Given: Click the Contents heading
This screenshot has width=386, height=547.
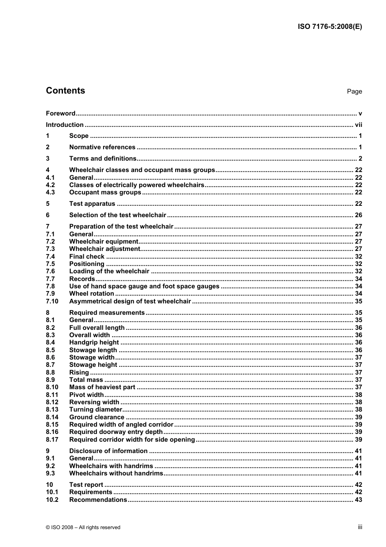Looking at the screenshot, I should tap(65, 91).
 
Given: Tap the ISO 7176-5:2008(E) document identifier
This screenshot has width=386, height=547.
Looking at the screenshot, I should tap(330, 27).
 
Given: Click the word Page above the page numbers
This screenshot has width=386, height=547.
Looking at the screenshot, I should tap(354, 92).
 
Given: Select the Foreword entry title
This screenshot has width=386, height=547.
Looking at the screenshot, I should tap(61, 113).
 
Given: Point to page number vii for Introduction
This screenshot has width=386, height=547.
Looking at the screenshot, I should tap(358, 125).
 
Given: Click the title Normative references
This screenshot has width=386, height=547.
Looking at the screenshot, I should tap(102, 147).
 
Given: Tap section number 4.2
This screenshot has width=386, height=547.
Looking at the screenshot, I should tap(50, 185).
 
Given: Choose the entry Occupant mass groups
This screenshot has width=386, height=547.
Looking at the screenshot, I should tap(105, 192).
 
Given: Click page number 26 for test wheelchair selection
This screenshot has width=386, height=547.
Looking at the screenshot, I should tap(358, 215).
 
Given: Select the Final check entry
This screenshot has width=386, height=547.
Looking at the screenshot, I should tap(87, 257).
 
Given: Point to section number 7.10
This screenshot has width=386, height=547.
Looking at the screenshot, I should tap(52, 301).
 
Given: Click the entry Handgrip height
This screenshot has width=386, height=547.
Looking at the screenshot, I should tap(94, 342).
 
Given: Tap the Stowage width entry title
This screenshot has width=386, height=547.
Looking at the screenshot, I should tap(92, 357).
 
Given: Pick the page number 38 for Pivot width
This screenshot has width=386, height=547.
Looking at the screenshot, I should tap(358, 395).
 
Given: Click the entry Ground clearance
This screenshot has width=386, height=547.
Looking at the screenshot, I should tap(97, 417).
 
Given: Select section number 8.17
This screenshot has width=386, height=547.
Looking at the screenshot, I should tap(52, 440).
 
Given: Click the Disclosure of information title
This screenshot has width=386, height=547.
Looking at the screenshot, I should tap(108, 451).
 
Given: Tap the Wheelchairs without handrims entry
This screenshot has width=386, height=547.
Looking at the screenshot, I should tap(116, 473).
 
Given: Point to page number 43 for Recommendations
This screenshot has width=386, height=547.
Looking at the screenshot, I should tap(358, 500).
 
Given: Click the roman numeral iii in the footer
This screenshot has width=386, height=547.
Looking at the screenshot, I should tap(360, 527).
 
